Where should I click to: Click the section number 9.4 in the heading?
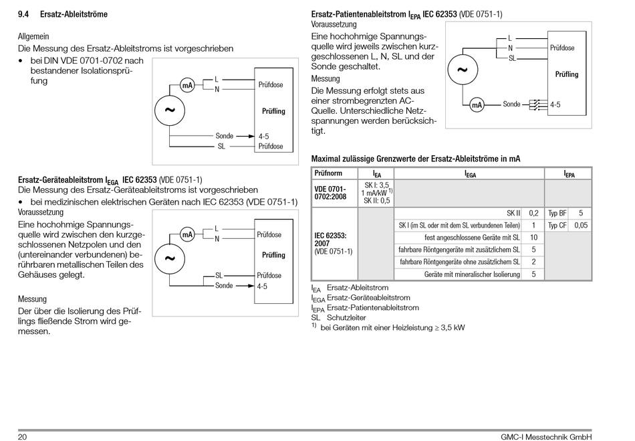pyautogui.click(x=23, y=14)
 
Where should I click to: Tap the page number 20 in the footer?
pyautogui.click(x=22, y=436)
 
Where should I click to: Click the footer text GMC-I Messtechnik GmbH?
pyautogui.click(x=546, y=436)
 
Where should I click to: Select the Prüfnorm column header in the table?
pyautogui.click(x=328, y=173)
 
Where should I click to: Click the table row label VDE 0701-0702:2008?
pyautogui.click(x=330, y=193)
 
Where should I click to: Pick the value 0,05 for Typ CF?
pyautogui.click(x=581, y=226)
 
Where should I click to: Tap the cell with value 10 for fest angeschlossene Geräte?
pyautogui.click(x=534, y=238)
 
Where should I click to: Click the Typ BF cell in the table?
pyautogui.click(x=557, y=213)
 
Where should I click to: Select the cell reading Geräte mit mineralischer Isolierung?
pyautogui.click(x=472, y=274)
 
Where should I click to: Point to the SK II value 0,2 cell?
pyautogui.click(x=534, y=213)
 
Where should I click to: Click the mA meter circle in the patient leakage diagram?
pyautogui.click(x=477, y=105)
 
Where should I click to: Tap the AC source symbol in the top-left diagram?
pyautogui.click(x=170, y=110)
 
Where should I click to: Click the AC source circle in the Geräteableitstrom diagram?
pyautogui.click(x=170, y=259)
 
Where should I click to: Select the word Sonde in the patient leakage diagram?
pyautogui.click(x=511, y=104)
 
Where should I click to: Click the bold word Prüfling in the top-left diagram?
pyautogui.click(x=273, y=111)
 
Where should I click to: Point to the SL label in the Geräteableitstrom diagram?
pyautogui.click(x=219, y=276)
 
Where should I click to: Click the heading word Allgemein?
pyautogui.click(x=33, y=37)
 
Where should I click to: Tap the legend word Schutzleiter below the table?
pyautogui.click(x=346, y=318)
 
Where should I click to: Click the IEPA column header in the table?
pyautogui.click(x=569, y=174)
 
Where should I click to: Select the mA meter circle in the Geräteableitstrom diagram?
pyautogui.click(x=187, y=234)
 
